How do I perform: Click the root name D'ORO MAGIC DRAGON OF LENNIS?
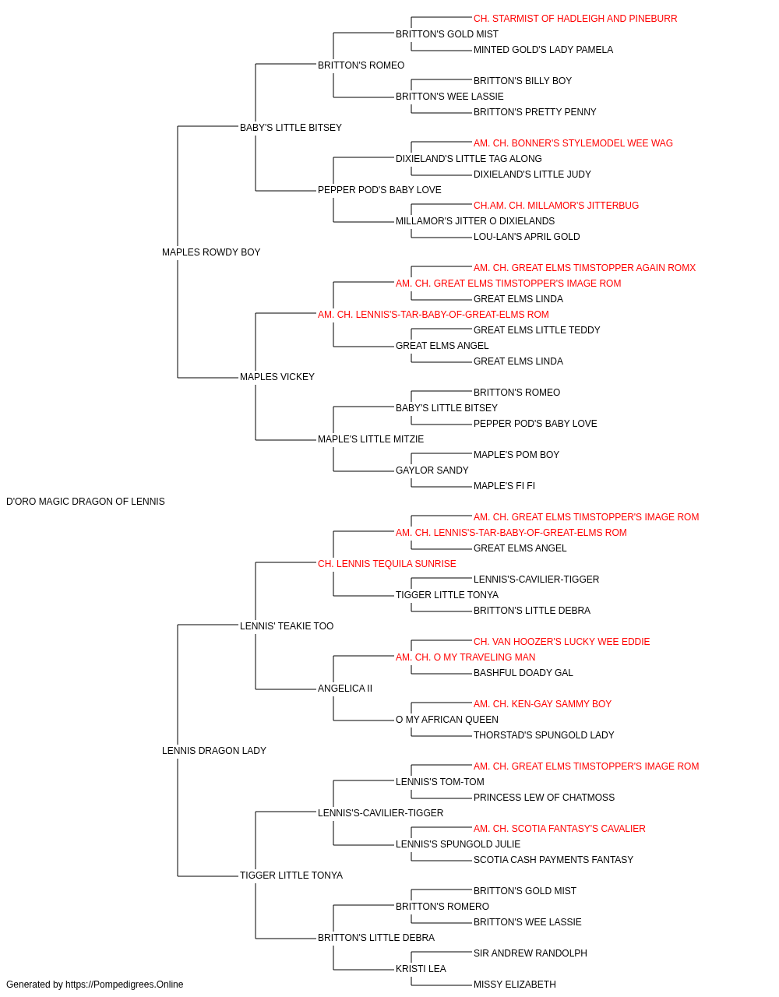(x=86, y=502)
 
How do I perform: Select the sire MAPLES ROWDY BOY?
(x=211, y=252)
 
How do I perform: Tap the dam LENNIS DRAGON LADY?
(x=213, y=751)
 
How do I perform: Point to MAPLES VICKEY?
(x=277, y=377)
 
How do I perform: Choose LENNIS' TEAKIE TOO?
(x=287, y=626)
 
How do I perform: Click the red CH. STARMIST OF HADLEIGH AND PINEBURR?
(x=576, y=19)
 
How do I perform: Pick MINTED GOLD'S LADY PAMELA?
(x=543, y=50)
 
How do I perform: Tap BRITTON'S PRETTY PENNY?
(x=535, y=112)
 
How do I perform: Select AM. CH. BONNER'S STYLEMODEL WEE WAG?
(x=573, y=143)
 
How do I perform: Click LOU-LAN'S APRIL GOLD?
(x=527, y=237)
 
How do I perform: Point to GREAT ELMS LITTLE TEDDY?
(x=537, y=330)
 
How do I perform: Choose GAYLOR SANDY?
(x=432, y=470)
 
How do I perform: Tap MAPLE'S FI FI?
(x=504, y=486)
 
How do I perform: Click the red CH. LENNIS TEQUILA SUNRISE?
(x=386, y=564)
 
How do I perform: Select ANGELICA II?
(x=345, y=689)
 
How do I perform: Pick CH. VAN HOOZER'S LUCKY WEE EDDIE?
(x=562, y=642)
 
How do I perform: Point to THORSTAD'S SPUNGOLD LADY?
(x=544, y=735)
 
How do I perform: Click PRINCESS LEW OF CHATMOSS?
(x=544, y=798)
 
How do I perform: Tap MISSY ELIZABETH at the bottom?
(x=515, y=985)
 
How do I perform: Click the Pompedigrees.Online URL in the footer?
(x=125, y=985)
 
